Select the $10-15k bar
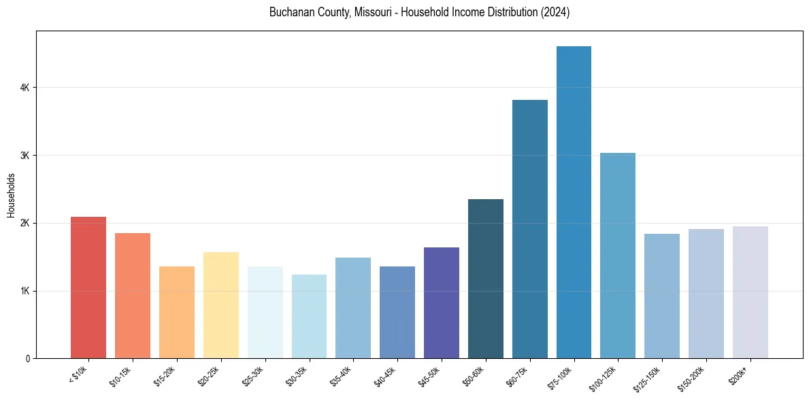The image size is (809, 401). [133, 296]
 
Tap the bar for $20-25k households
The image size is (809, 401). [220, 305]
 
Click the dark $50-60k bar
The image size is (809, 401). [486, 279]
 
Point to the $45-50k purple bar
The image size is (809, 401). [442, 302]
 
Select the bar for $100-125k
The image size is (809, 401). [618, 256]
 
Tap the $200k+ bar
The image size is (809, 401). [750, 292]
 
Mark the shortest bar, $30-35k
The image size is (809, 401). [309, 316]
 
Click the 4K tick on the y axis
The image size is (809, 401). [24, 88]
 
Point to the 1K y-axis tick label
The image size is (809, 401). [24, 291]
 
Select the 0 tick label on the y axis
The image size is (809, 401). [27, 358]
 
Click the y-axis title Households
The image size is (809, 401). [11, 196]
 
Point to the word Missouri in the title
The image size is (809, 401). [374, 12]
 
